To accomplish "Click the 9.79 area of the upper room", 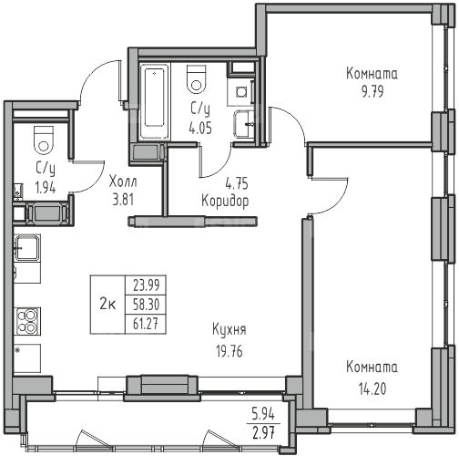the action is [x=372, y=91].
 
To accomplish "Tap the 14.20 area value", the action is [x=372, y=389].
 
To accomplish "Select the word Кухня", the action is [x=229, y=330].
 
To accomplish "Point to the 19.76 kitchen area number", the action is [x=229, y=351].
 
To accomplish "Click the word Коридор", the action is [x=225, y=201].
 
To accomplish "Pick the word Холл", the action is [x=123, y=181].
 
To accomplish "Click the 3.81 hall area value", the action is [x=123, y=200].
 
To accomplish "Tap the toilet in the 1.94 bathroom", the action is [x=44, y=140].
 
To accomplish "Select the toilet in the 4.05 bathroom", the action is [x=197, y=78].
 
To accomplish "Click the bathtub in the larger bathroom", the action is [x=155, y=100].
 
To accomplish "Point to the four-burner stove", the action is [x=27, y=321].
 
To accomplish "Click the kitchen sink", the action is [x=27, y=247].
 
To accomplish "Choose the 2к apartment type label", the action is [x=107, y=304].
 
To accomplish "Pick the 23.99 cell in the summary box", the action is [x=146, y=285].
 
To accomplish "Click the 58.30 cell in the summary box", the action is [x=146, y=305].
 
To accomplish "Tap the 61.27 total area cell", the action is [x=146, y=324].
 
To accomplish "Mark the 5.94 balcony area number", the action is [x=263, y=414].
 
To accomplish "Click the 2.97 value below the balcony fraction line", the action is [x=263, y=433].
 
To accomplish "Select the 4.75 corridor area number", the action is [x=237, y=183].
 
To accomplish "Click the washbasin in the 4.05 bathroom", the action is [x=244, y=124].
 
